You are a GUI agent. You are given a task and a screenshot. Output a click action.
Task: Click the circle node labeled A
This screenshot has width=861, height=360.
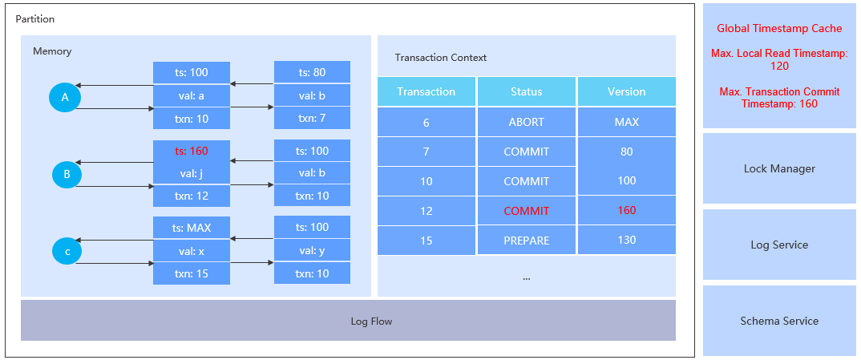pos(65,98)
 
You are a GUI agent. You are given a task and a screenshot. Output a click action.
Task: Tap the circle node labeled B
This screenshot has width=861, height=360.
pos(67,174)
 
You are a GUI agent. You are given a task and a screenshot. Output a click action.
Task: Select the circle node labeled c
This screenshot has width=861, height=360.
pos(67,251)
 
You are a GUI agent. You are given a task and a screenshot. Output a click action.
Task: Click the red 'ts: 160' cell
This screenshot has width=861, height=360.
pos(191,151)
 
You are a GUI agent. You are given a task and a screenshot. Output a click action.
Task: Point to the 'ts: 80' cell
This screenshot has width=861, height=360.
pos(312,73)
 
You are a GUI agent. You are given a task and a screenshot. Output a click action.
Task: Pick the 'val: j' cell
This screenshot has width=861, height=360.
pos(191,173)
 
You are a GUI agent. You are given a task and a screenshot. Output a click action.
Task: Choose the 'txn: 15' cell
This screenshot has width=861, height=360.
pos(191,273)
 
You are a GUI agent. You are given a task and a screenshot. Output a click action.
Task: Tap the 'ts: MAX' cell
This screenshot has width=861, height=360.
pos(191,227)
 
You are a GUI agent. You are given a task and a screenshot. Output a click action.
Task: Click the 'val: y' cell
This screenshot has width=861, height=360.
pos(312,250)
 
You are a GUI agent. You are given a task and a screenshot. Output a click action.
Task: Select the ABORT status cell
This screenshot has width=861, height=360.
pos(526,122)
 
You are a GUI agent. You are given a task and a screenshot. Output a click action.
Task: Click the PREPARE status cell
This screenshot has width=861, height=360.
pos(526,240)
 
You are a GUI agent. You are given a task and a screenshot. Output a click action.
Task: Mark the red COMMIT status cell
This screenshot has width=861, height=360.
pos(526,211)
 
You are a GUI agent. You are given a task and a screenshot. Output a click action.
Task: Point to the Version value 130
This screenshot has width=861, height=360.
pos(626,240)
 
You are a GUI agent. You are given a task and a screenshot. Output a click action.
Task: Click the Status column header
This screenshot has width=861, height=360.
pos(526,91)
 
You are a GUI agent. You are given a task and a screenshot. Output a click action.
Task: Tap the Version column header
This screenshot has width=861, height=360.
pos(626,91)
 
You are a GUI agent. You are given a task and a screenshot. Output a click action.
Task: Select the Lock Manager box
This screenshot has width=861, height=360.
pos(779,168)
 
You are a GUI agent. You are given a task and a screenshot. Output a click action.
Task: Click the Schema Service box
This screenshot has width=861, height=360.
pos(779,321)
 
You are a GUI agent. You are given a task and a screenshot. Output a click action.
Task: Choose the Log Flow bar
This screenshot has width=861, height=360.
pos(348,321)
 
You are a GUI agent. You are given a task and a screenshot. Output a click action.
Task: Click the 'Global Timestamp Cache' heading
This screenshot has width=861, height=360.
pos(779,28)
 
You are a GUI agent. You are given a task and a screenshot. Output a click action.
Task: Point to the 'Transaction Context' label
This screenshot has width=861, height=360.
pos(441,58)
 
